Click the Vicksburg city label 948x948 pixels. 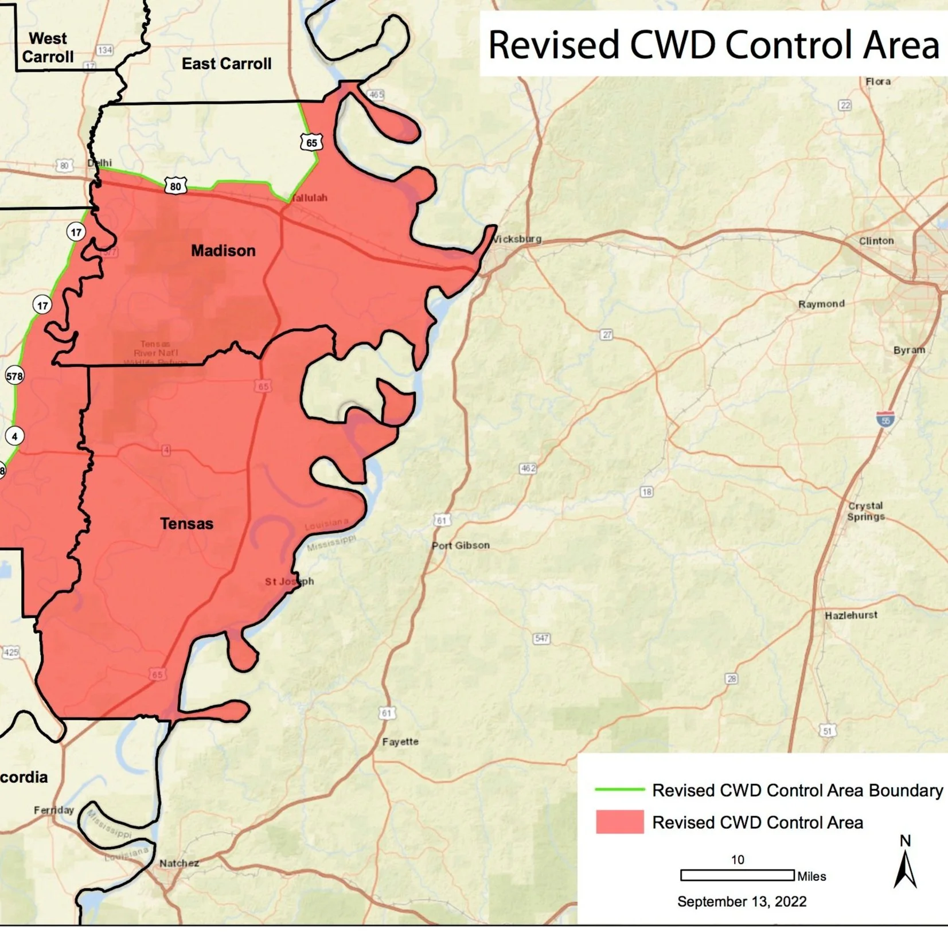tap(517, 239)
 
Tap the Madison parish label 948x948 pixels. tap(223, 251)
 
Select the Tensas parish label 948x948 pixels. tap(186, 524)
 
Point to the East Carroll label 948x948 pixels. tap(227, 64)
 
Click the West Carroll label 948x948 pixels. tap(48, 48)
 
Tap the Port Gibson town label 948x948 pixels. tap(461, 545)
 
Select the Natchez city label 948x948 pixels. tap(179, 863)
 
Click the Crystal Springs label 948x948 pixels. tap(865, 511)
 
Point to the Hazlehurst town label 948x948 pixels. tap(851, 615)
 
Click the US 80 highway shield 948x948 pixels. tap(175, 186)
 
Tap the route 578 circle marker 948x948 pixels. tap(14, 376)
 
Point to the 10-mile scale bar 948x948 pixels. tap(737, 875)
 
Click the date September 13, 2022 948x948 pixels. tap(742, 902)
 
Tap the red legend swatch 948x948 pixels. tap(619, 822)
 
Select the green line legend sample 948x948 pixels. tap(619, 790)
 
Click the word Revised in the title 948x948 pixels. tap(554, 45)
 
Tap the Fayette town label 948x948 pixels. tap(400, 742)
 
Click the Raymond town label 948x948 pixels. tap(821, 304)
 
